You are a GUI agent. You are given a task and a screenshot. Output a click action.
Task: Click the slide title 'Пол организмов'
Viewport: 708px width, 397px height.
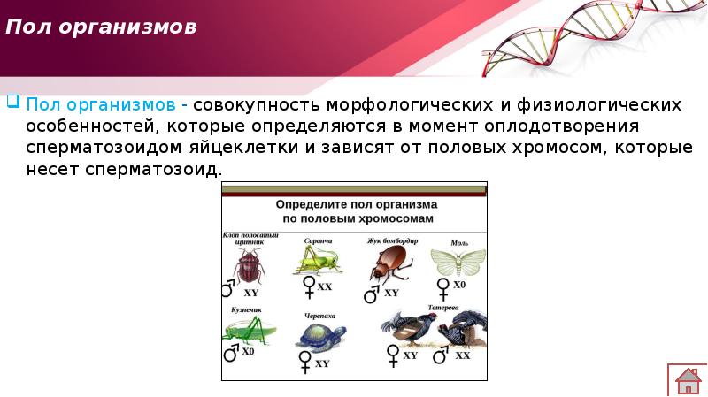point(101,27)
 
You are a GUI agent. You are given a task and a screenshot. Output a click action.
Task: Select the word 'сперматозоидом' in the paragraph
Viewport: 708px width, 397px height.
point(96,147)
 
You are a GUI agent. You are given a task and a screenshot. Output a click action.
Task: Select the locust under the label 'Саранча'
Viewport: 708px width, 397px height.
point(316,258)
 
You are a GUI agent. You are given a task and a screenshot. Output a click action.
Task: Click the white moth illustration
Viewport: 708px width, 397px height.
point(457,261)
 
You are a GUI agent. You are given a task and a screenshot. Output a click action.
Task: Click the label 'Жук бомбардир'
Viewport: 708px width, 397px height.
point(392,240)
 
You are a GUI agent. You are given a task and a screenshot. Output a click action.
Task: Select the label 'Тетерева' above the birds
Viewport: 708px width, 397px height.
point(442,309)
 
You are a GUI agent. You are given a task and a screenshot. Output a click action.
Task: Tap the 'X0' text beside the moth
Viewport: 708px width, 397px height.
point(459,285)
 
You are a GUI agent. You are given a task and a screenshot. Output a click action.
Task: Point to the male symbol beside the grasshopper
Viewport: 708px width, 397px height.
point(231,353)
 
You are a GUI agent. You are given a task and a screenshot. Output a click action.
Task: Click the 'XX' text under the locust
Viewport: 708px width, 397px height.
point(325,286)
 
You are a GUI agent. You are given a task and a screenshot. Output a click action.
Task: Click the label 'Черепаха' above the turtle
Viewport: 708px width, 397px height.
point(319,315)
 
